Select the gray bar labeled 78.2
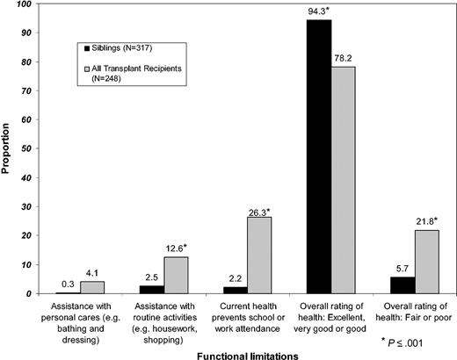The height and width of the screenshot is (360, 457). [344, 180]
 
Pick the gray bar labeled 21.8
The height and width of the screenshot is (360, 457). [426, 262]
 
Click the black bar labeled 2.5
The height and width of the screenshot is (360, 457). [152, 289]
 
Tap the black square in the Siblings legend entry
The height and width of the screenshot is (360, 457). [82, 45]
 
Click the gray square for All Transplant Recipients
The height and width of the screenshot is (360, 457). [82, 68]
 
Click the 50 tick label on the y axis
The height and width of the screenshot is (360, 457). [29, 148]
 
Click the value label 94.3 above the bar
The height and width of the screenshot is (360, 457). [319, 11]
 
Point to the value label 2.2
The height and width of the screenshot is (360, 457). [235, 279]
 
